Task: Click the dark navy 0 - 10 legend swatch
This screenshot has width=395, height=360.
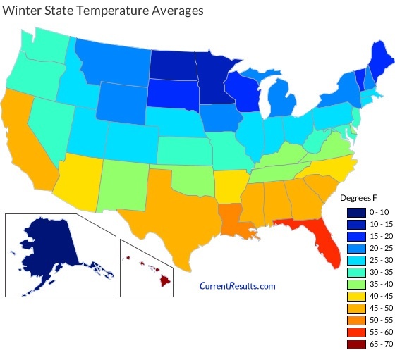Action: click(355, 212)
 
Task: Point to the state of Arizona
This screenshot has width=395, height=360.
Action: click(75, 180)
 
